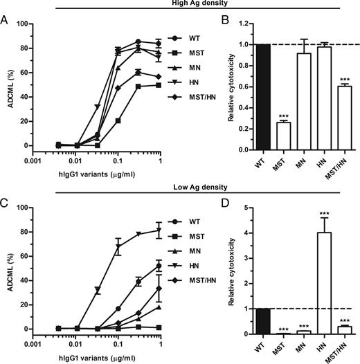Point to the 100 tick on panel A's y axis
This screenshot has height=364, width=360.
[30, 24]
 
